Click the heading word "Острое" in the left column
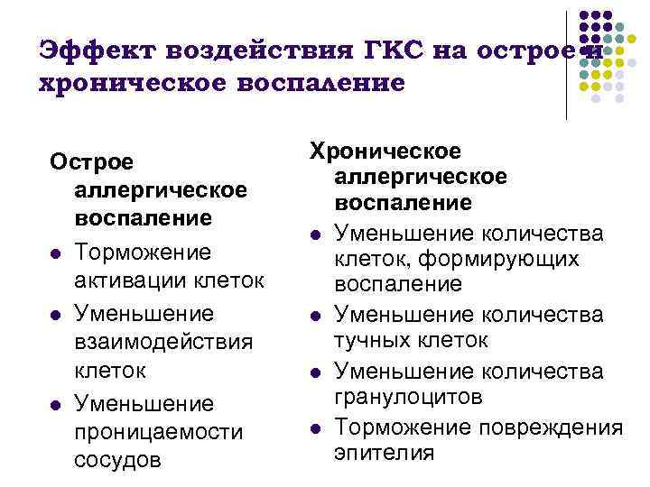[91, 162]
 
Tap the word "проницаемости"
[159, 432]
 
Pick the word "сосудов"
[118, 460]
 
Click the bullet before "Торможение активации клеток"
[56, 253]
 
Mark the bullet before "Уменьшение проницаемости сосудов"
[56, 404]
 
